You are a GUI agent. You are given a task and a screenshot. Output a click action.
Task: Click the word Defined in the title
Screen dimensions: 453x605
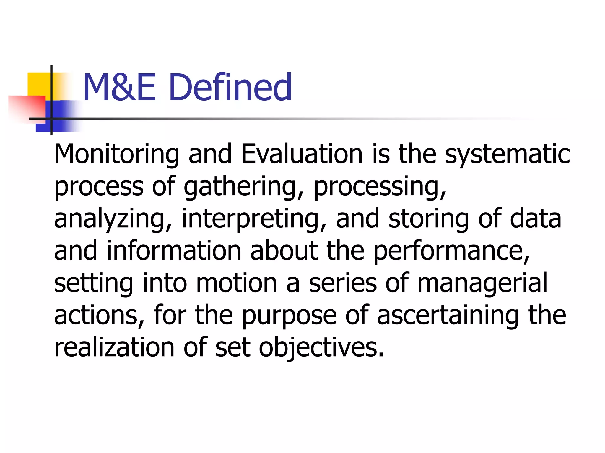click(x=231, y=87)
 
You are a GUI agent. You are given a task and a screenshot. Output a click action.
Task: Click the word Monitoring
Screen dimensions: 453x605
click(x=117, y=155)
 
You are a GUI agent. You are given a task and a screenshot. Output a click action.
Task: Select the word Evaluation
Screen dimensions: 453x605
click(x=302, y=154)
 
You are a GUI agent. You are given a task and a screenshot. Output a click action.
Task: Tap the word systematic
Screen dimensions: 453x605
click(x=507, y=155)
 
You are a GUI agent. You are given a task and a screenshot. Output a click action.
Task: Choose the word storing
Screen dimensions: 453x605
click(x=428, y=219)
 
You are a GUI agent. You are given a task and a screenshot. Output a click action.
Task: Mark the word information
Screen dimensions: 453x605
click(x=174, y=251)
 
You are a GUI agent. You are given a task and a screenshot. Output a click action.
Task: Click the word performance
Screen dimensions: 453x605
click(x=451, y=251)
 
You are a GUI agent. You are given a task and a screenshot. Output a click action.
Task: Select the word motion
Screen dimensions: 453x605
click(x=237, y=283)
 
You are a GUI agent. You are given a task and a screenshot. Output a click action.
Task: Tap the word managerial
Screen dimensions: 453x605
click(x=482, y=283)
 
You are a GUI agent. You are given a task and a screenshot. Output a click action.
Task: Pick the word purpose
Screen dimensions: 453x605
click(x=289, y=316)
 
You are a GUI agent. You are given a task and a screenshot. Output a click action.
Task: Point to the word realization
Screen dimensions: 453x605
click(x=114, y=347)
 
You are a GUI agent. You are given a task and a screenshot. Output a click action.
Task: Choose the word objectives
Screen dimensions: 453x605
click(x=321, y=348)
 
